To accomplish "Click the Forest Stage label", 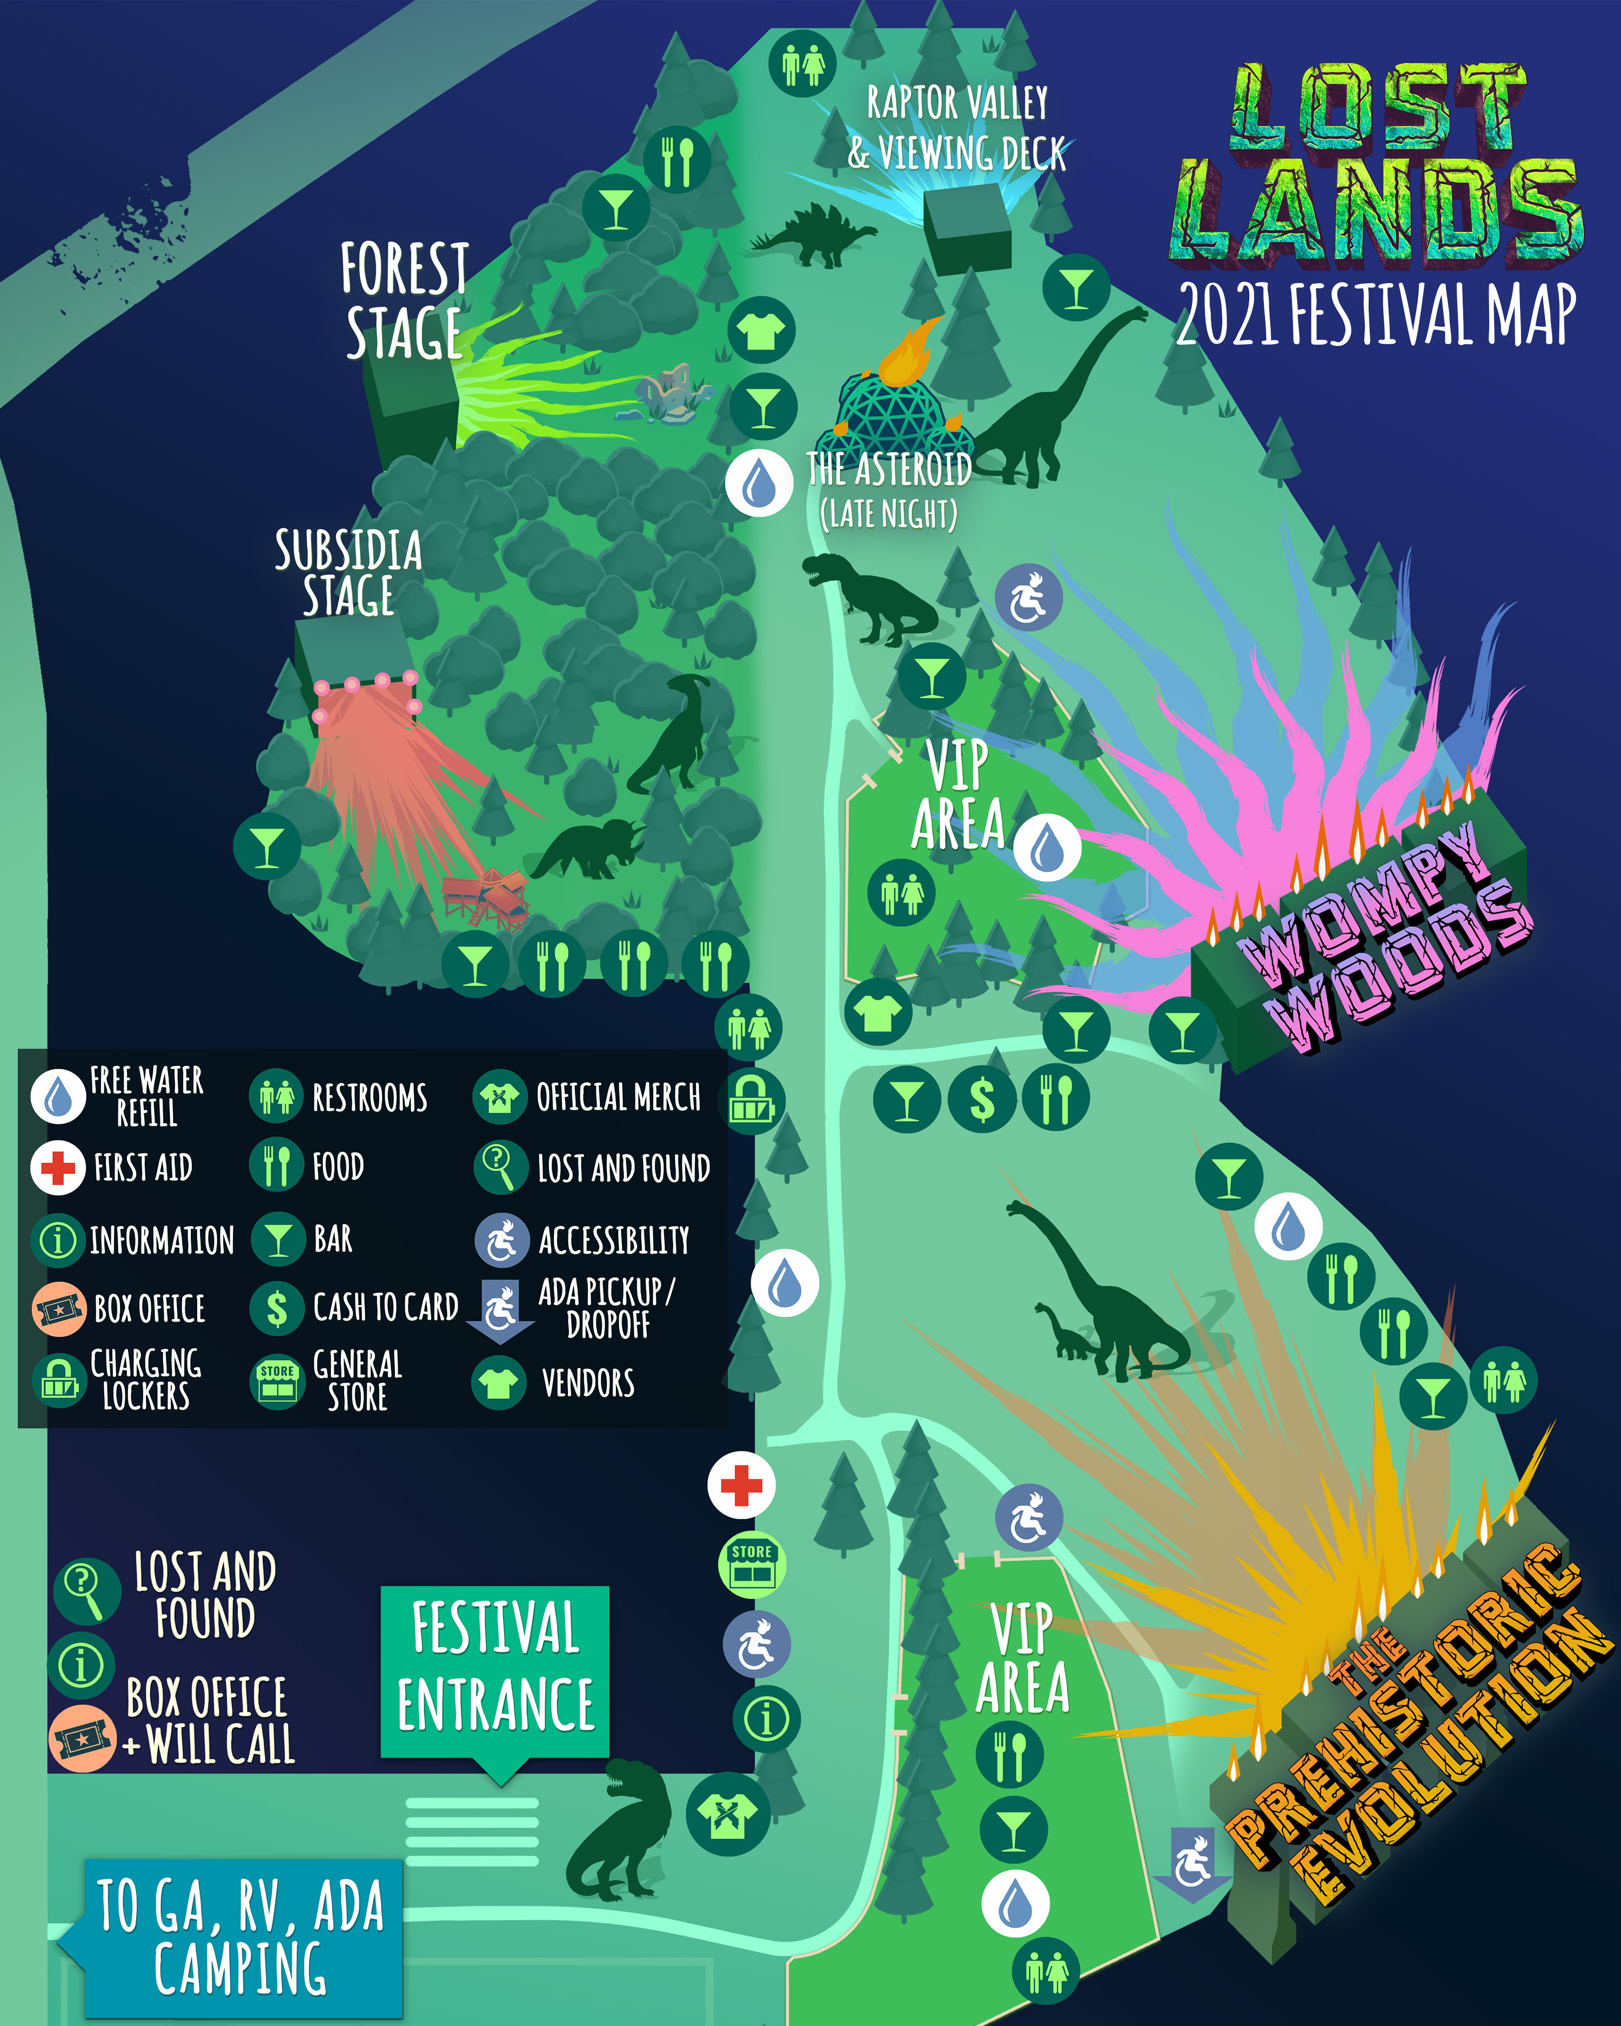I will pyautogui.click(x=404, y=301).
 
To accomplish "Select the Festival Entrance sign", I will pyautogui.click(x=495, y=1668).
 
